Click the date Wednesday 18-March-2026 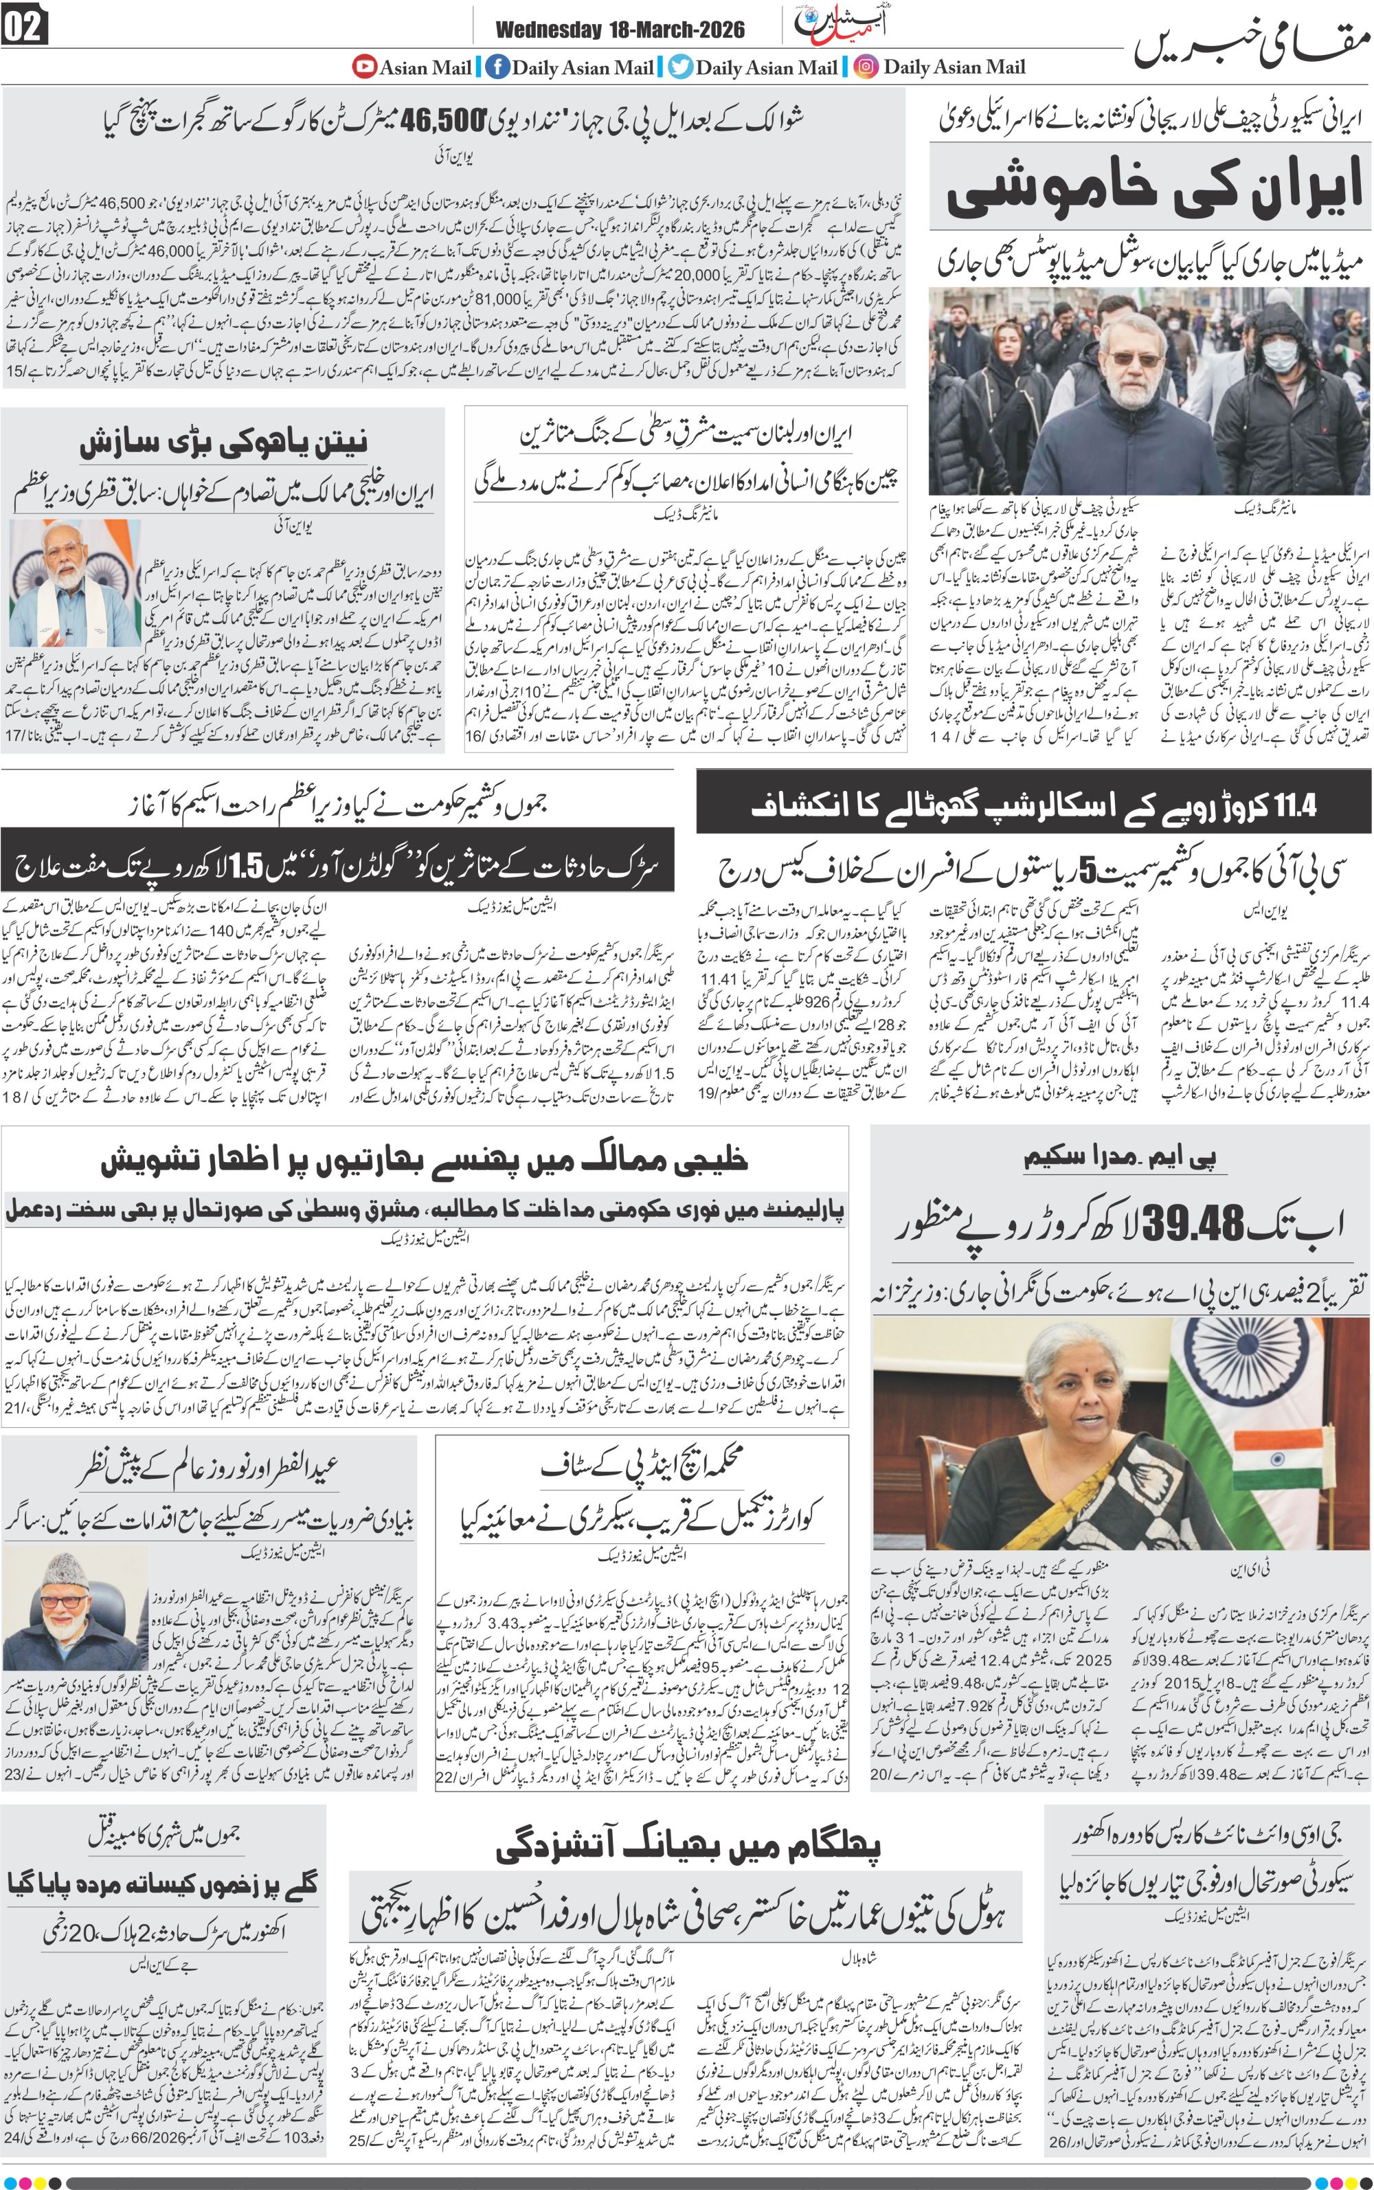(620, 30)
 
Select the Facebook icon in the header (496, 67)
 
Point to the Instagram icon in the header (866, 67)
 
